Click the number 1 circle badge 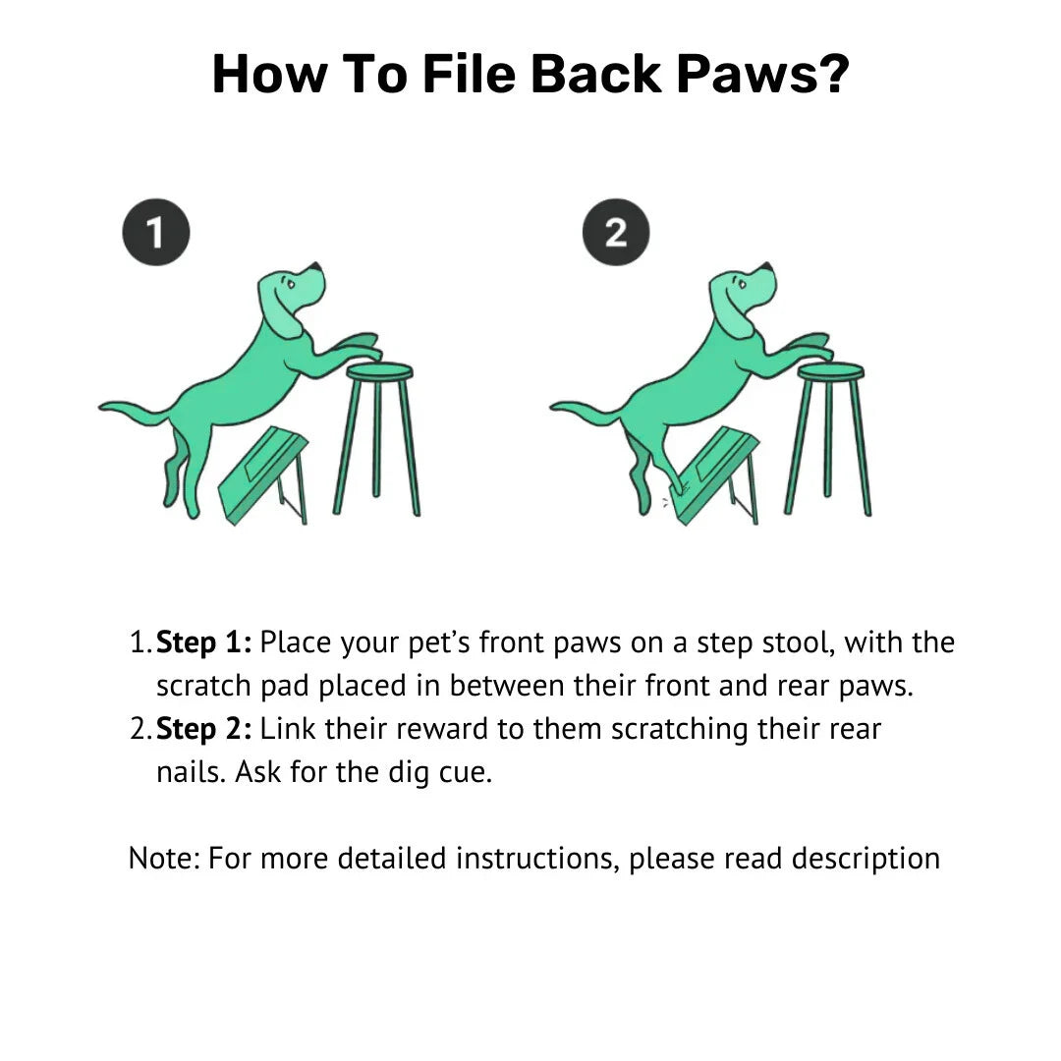(x=155, y=232)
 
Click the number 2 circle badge (x=616, y=232)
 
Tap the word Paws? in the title (x=762, y=75)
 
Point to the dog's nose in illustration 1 (x=314, y=266)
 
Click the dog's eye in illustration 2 (x=743, y=284)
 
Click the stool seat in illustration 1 (x=379, y=371)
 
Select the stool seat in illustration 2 (x=831, y=371)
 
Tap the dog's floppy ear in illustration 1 (x=282, y=311)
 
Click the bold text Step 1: (x=203, y=642)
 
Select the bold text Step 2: (x=203, y=729)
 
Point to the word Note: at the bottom (x=164, y=858)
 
